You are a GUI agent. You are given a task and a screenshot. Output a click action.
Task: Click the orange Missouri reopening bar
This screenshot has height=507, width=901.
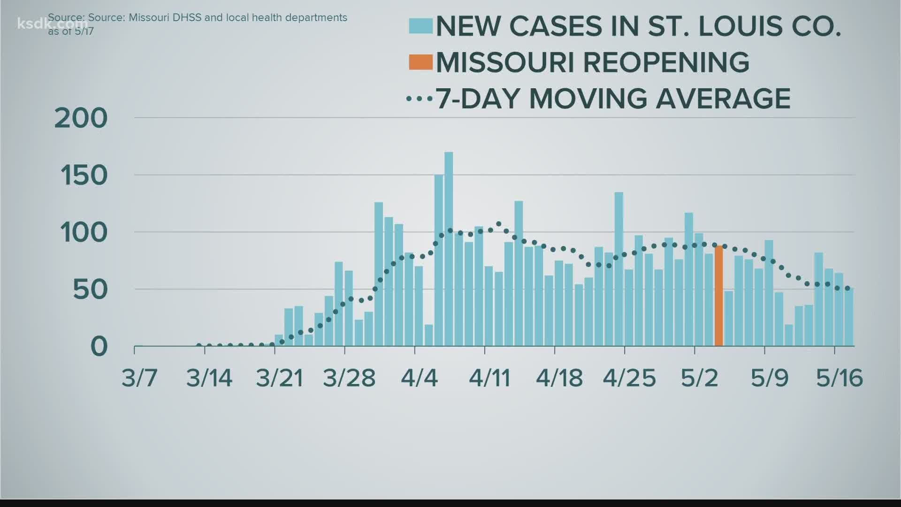tap(718, 296)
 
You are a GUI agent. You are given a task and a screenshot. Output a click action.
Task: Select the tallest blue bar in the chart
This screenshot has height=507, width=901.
tap(449, 249)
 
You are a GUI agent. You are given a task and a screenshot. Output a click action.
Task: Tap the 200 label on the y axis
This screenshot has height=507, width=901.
tap(81, 118)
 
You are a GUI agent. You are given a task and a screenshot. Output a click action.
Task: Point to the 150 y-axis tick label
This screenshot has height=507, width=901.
tap(84, 176)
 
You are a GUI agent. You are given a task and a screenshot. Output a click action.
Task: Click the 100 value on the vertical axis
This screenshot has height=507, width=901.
tap(84, 233)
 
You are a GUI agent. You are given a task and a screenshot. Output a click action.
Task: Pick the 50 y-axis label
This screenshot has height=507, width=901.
tap(90, 290)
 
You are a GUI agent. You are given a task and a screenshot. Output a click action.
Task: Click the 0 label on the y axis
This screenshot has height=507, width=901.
tap(99, 347)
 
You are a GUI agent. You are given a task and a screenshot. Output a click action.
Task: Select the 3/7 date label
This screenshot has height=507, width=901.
tap(139, 378)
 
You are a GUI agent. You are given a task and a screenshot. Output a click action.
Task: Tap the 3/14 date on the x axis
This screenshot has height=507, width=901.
tap(209, 378)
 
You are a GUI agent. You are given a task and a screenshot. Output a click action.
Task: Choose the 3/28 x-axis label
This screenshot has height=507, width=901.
tap(349, 378)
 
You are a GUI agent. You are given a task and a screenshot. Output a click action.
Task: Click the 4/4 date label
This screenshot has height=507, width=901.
tap(419, 378)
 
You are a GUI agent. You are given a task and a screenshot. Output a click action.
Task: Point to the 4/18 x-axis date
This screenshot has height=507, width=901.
tap(559, 378)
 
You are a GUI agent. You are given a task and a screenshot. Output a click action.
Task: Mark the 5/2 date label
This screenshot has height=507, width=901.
tap(699, 378)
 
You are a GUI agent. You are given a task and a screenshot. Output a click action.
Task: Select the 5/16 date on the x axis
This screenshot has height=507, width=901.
tap(839, 378)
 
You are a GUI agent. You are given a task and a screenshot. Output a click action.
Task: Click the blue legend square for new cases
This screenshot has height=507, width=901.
tap(420, 26)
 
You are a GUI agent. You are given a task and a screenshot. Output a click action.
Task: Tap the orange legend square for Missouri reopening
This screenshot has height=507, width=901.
tap(420, 62)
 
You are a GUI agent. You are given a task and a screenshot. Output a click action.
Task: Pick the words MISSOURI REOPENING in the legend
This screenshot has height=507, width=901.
tap(592, 62)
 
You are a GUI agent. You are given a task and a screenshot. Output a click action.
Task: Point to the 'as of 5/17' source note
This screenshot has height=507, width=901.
tap(71, 31)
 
